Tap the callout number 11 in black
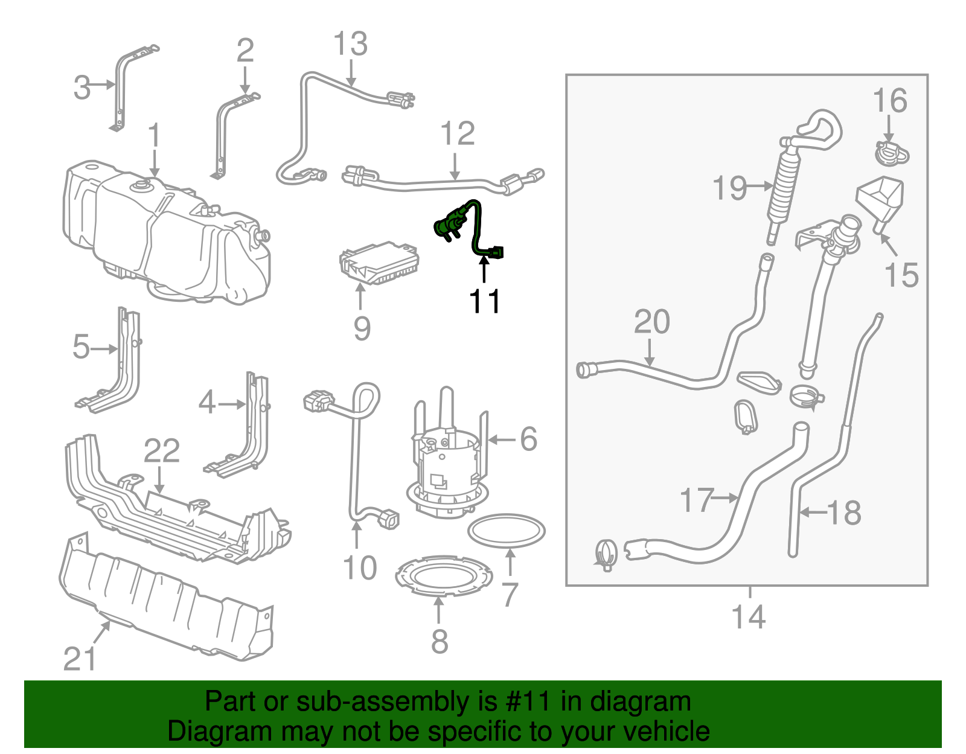(484, 301)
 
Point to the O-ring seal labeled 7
(507, 531)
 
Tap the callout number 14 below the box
(748, 617)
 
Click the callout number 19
(729, 188)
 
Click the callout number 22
(161, 451)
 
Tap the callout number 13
(350, 44)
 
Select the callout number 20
(651, 322)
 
